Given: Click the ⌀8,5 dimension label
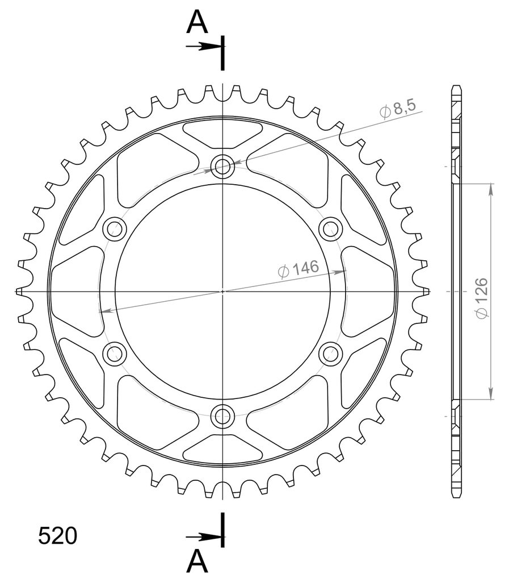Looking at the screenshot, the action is point(398,109).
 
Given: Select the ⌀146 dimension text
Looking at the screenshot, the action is point(298,269).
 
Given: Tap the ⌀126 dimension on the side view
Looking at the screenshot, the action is point(482,298).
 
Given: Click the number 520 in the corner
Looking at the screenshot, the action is point(58,536).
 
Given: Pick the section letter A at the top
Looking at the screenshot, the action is point(197,22).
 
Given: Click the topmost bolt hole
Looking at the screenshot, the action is point(222,167).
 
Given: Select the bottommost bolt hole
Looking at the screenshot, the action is point(222,416).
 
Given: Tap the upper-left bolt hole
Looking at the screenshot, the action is point(115,229).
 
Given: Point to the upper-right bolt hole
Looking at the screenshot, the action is point(330,229).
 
